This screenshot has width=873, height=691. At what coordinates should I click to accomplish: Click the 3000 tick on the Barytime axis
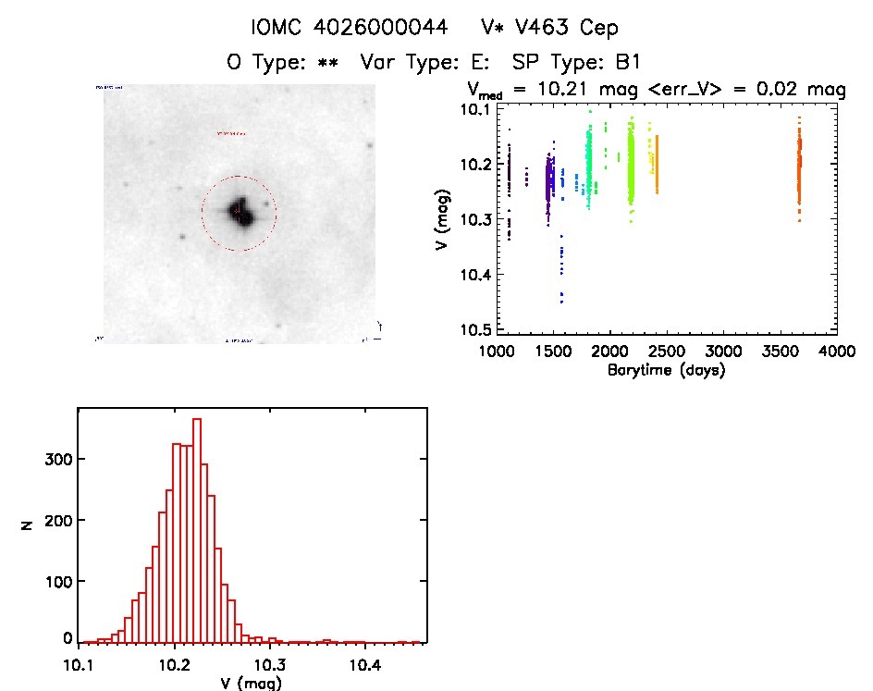tap(722, 352)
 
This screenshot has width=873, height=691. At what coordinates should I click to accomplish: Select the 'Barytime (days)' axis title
tap(666, 370)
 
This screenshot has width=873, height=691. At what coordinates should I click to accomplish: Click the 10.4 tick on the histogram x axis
tap(365, 663)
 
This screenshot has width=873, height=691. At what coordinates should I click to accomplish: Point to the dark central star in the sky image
tap(240, 211)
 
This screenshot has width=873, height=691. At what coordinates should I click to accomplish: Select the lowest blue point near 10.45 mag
tap(561, 301)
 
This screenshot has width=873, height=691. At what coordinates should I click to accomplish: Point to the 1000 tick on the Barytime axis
tap(497, 352)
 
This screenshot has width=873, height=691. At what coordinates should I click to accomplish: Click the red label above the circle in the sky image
tap(232, 134)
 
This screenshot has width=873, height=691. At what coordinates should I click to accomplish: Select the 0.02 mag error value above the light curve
tap(788, 90)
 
